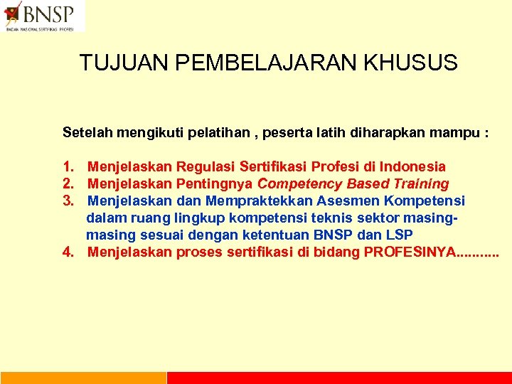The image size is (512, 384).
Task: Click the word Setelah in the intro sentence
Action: click(x=85, y=132)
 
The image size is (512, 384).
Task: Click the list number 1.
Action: click(x=68, y=167)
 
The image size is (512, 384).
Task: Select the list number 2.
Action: click(x=68, y=184)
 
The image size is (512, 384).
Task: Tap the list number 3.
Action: click(x=68, y=201)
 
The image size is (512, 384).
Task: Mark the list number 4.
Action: click(x=68, y=252)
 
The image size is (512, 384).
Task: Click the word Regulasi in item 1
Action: click(x=206, y=167)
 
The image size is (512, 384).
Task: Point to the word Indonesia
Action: click(x=412, y=167)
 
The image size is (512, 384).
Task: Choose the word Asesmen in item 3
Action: click(x=344, y=201)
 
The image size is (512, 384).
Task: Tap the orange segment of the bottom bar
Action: click(x=82, y=378)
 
